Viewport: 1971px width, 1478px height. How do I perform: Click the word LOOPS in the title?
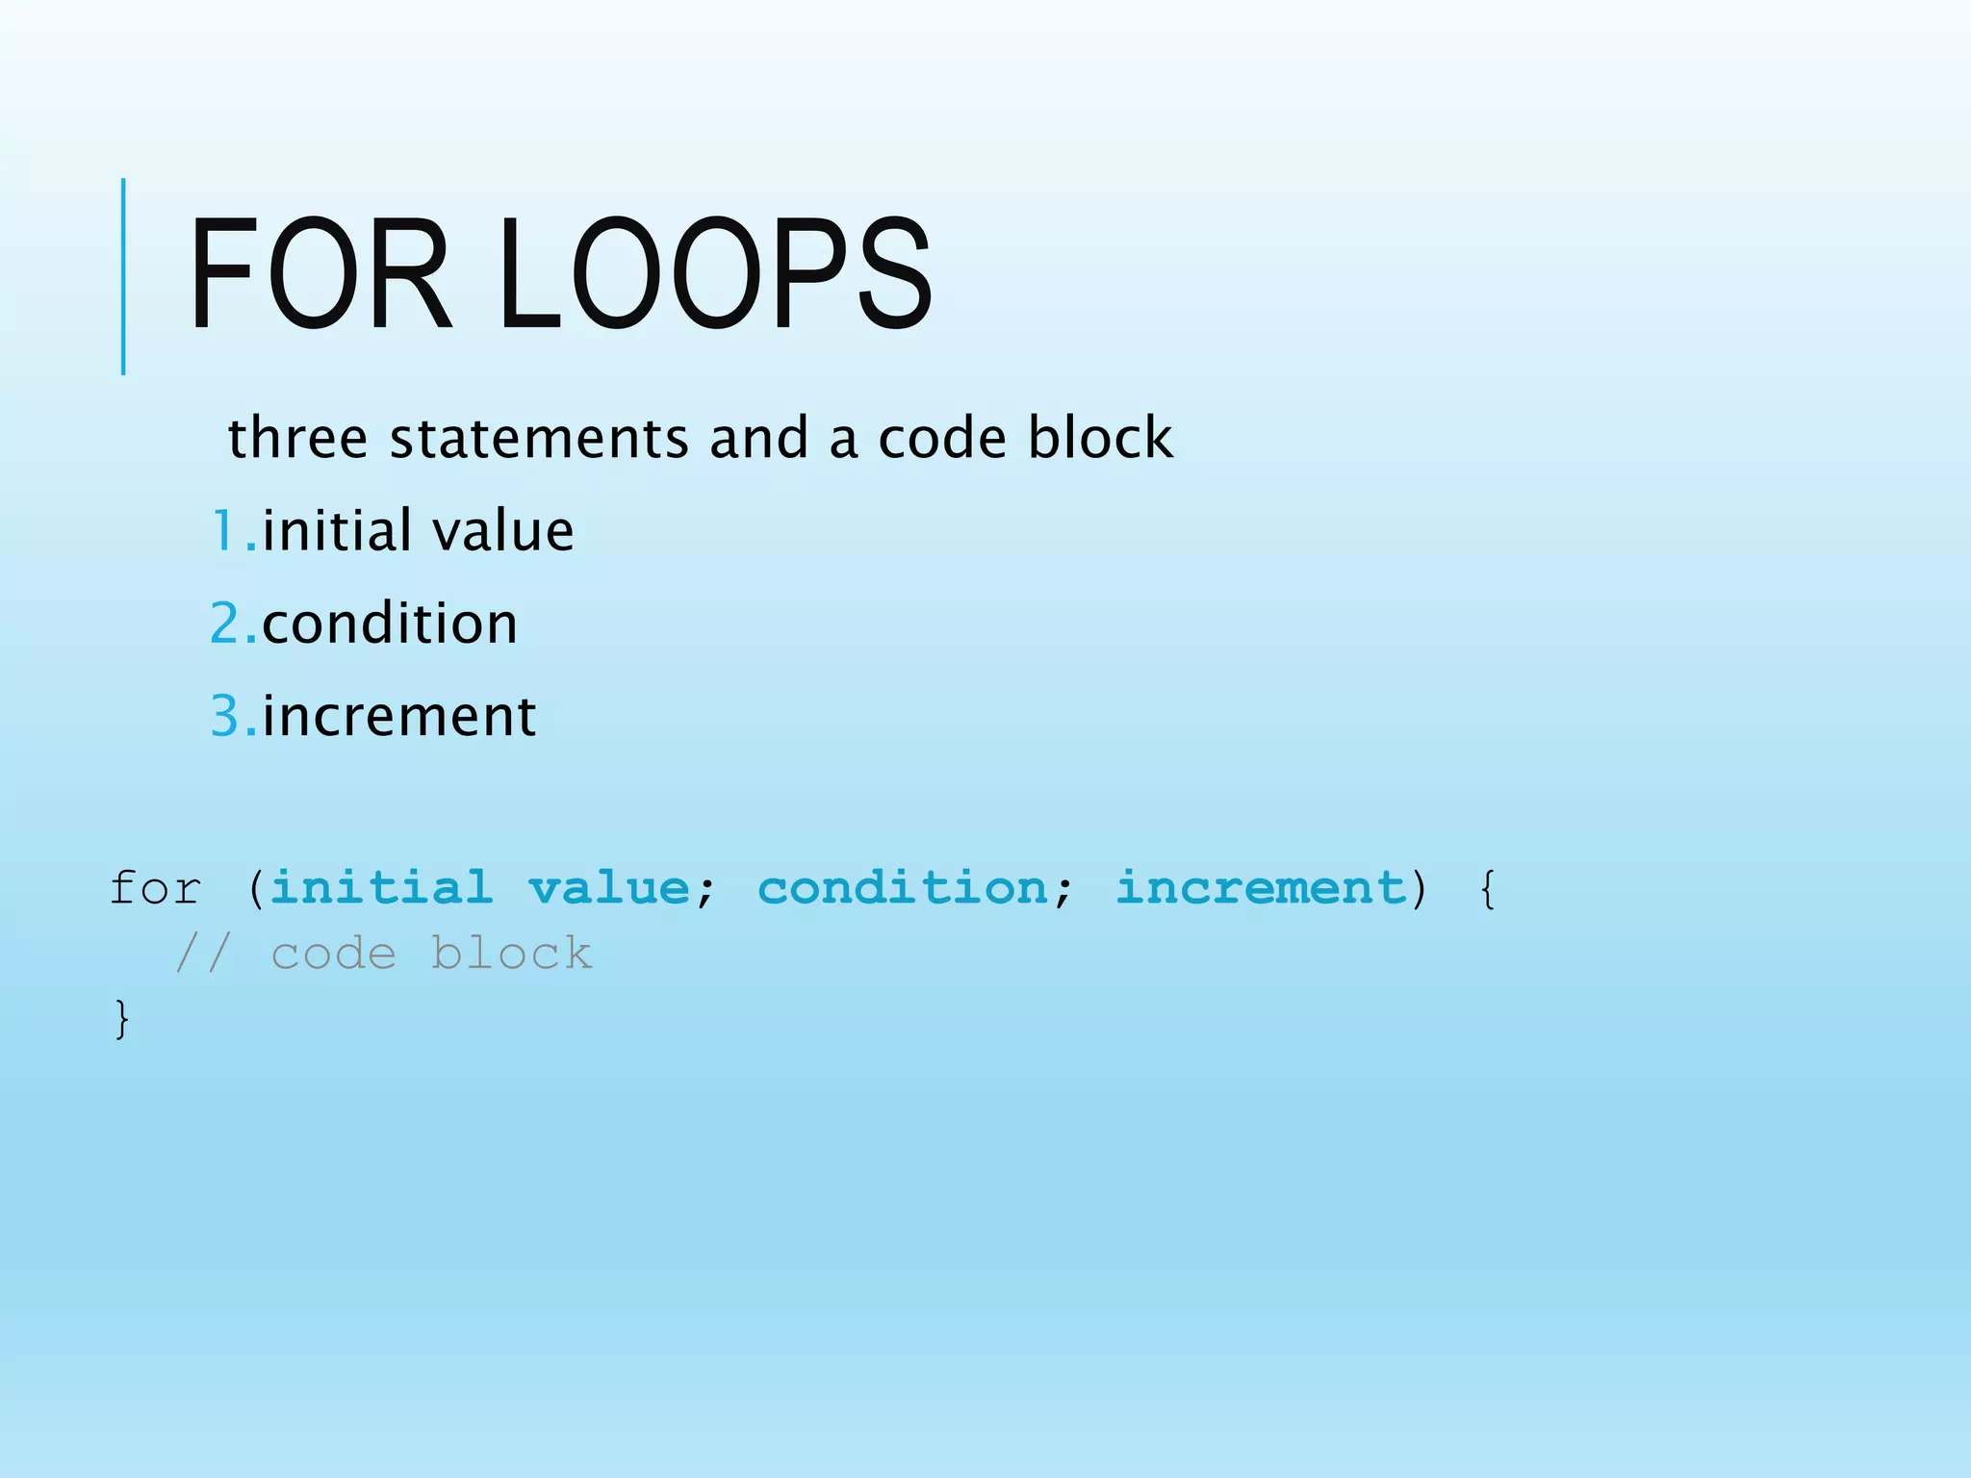pos(715,275)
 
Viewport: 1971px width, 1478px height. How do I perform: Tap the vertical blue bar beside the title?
pos(123,276)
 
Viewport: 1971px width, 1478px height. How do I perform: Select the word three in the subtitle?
pos(297,438)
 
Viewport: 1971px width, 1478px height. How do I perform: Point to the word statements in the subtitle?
pos(538,438)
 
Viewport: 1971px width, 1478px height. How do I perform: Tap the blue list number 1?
pos(225,531)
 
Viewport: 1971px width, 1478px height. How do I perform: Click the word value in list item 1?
pos(502,531)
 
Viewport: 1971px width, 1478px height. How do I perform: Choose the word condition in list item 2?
pos(390,624)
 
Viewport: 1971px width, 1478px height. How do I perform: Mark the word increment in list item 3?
pos(398,717)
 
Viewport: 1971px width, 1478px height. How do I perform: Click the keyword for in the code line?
pos(155,887)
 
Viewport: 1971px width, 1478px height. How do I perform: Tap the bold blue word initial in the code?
pos(381,887)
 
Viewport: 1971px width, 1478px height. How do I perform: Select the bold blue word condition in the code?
pos(902,887)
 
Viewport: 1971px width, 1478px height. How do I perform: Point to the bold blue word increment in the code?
pos(1261,887)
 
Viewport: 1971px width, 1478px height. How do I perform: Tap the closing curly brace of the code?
pos(121,1019)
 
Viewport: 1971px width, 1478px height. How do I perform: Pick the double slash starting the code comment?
pos(203,954)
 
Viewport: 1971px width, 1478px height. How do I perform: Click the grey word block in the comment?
pos(511,954)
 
